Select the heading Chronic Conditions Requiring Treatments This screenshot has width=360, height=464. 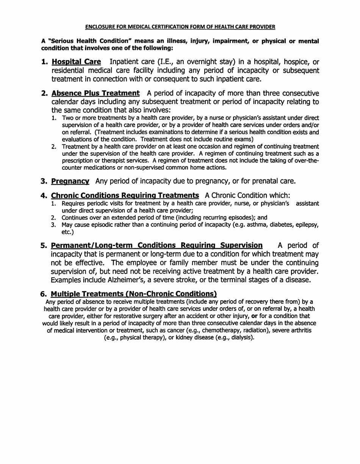[125, 195]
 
